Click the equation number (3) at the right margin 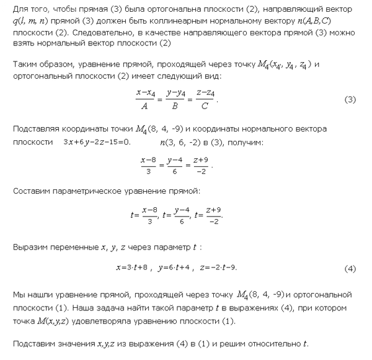pyautogui.click(x=350, y=100)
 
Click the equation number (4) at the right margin pyautogui.click(x=350, y=269)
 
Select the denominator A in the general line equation pyautogui.click(x=144, y=106)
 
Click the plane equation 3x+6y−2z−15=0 pyautogui.click(x=97, y=143)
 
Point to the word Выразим pyautogui.click(x=31, y=247)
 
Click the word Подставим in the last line pyautogui.click(x=34, y=344)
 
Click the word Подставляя pyautogui.click(x=36, y=128)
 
